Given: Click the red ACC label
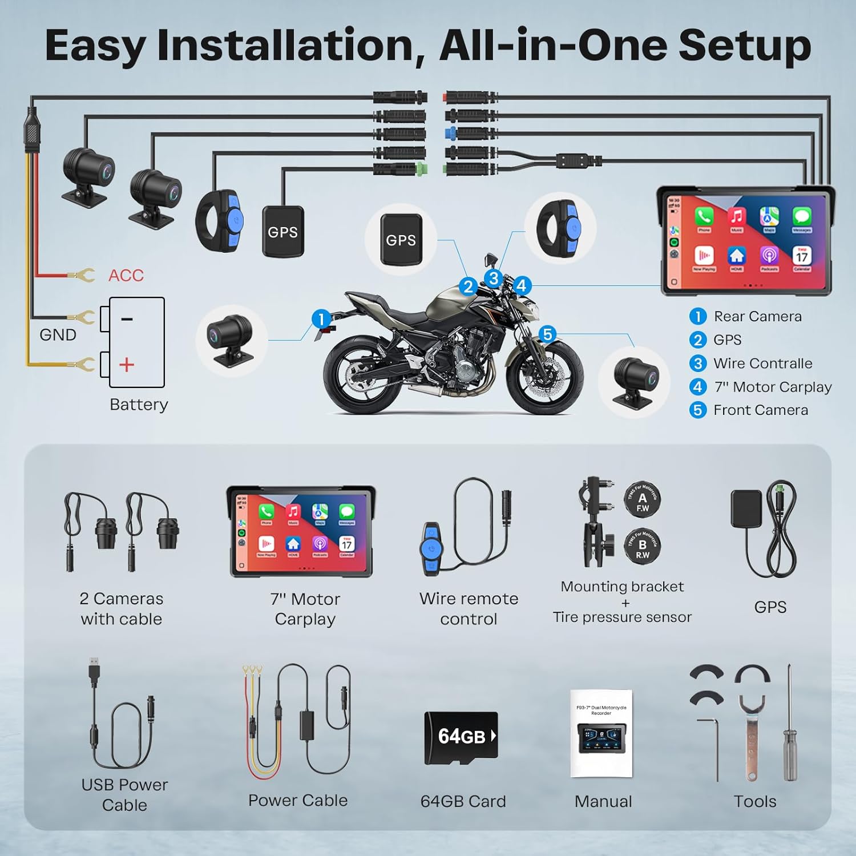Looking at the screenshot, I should [x=126, y=276].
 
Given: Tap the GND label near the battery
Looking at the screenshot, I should [x=58, y=335].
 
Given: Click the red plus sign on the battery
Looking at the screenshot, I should [x=127, y=365].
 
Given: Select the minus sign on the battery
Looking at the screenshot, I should [x=127, y=319].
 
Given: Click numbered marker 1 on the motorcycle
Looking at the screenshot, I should [x=321, y=319].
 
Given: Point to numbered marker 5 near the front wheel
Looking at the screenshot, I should [x=547, y=334].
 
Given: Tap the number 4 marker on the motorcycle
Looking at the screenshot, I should [x=522, y=285].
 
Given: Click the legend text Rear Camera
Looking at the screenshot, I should [x=757, y=317].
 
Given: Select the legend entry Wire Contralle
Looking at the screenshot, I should [x=762, y=364].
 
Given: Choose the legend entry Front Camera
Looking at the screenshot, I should [x=760, y=410].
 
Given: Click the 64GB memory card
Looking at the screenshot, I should [x=461, y=737].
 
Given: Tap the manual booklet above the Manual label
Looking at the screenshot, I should [x=601, y=734].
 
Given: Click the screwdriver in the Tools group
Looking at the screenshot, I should [x=789, y=725].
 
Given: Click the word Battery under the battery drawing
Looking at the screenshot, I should [x=139, y=405].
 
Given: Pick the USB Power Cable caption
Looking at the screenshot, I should [x=124, y=795].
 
